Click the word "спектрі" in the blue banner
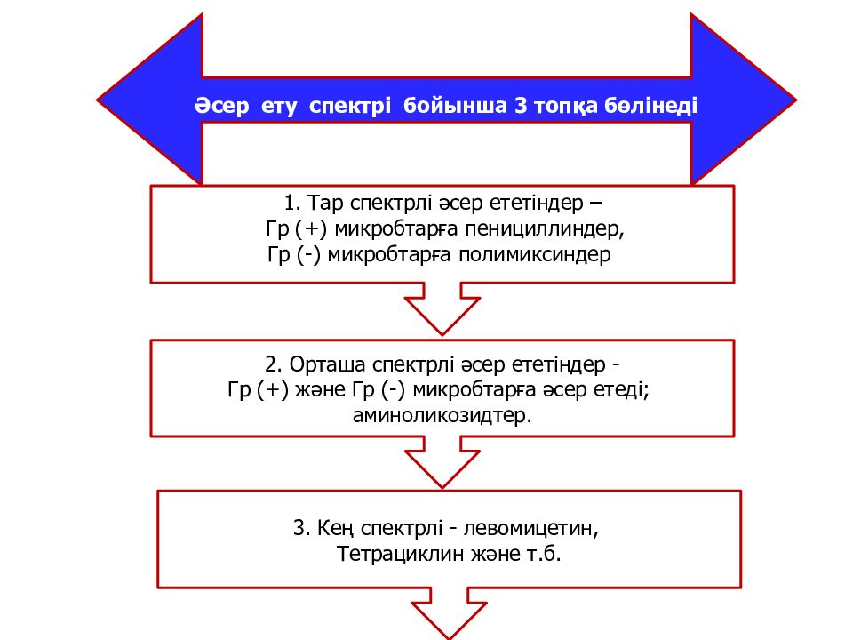coord(350,106)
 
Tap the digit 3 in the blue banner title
coord(521,105)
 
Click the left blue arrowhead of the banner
coord(150,99)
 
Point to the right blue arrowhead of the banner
coord(743,99)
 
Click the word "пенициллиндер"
coord(544,229)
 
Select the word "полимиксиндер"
coord(535,255)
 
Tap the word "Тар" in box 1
coord(325,203)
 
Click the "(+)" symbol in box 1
coord(311,229)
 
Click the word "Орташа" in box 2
coord(327,364)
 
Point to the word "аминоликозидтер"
coord(442,416)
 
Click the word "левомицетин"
coord(531,528)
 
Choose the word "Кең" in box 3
coord(336,528)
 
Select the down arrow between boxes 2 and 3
coord(442,461)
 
